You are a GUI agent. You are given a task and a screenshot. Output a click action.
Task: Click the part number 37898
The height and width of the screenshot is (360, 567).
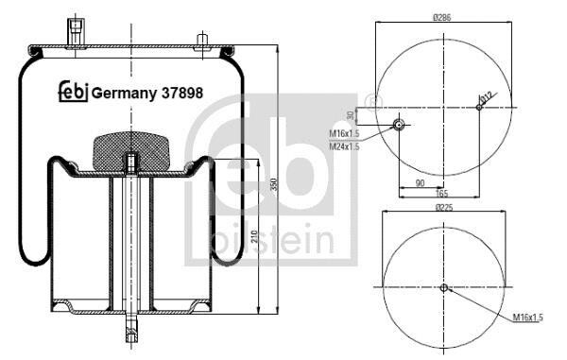pyautogui.click(x=181, y=93)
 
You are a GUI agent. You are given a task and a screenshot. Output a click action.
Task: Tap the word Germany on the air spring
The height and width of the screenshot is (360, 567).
pyautogui.click(x=124, y=94)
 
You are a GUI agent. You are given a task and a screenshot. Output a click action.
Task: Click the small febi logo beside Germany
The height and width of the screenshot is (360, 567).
pyautogui.click(x=74, y=92)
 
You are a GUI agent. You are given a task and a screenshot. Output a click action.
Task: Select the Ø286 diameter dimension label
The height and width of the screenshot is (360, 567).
pyautogui.click(x=442, y=17)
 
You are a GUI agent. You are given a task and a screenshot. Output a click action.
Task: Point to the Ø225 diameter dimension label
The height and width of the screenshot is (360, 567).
pyautogui.click(x=444, y=207)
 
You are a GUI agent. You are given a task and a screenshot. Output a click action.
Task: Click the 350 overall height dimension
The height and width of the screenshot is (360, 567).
pyautogui.click(x=273, y=184)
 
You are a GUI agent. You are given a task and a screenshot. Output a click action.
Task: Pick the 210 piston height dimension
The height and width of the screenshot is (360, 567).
pyautogui.click(x=253, y=236)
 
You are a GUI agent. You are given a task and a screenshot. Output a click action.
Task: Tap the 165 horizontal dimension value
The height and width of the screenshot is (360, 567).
pyautogui.click(x=442, y=194)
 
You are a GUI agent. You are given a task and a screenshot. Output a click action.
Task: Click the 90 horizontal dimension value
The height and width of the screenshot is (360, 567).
pyautogui.click(x=420, y=183)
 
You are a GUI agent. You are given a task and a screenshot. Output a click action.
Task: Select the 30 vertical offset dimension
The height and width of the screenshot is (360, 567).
pyautogui.click(x=350, y=115)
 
